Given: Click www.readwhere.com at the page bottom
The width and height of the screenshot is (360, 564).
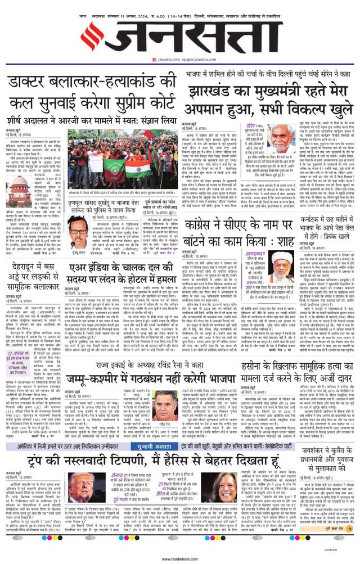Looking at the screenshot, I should [x=179, y=559].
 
